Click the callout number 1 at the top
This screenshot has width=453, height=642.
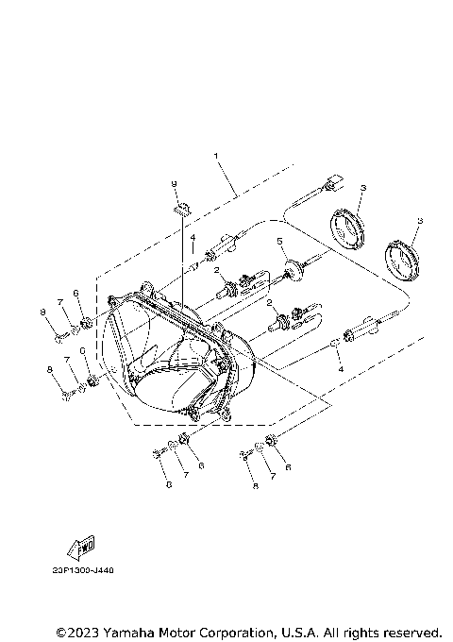coord(216,155)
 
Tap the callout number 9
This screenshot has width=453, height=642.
coord(175,182)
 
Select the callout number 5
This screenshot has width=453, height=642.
coord(280,242)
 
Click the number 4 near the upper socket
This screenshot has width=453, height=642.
coord(193,237)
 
